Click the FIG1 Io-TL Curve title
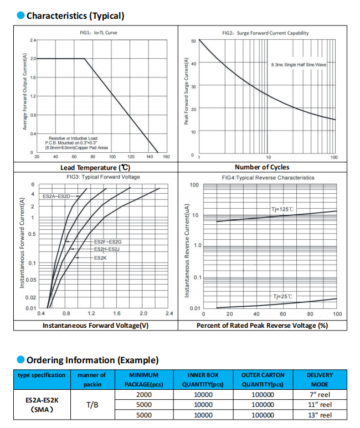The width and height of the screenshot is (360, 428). pos(99,33)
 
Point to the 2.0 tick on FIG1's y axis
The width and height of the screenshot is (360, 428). pos(33,59)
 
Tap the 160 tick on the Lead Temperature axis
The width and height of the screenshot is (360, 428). pos(166,157)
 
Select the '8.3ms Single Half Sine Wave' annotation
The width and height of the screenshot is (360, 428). pos(299,65)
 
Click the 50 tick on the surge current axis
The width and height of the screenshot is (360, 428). pos(193,41)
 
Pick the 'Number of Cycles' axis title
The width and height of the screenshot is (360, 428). pos(262,167)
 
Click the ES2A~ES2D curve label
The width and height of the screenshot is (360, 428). pos(56,196)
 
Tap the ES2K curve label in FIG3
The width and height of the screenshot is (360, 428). pos(100,258)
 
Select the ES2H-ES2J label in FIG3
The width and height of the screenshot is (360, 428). pos(107,249)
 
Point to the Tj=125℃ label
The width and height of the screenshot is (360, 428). pos(282,209)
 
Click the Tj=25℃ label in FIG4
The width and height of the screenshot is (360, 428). pos(282,296)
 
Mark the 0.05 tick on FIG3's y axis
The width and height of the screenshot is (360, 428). pos(31,280)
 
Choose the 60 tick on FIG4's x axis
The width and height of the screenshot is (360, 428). pos(283,314)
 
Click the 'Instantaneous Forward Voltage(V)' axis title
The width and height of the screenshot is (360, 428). pos(96,326)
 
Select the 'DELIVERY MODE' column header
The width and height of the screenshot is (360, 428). pos(320,380)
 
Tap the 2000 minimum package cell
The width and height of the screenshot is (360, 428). pos(144,395)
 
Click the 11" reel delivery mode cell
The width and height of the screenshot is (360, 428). pos(320,405)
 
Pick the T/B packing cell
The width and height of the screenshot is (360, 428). pos(92,405)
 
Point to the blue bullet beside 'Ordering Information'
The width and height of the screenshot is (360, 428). pos(20,360)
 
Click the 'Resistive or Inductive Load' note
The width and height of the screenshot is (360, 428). pos(73,138)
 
